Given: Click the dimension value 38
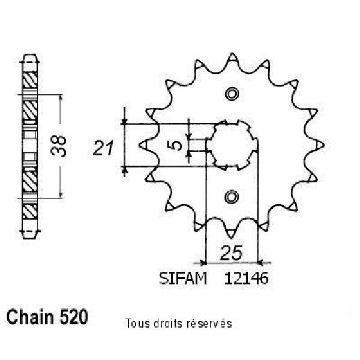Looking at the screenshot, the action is coord(59,146).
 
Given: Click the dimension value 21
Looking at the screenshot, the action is coord(103,148).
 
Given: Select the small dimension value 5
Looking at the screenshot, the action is coord(176,145).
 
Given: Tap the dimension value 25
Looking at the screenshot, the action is coord(231,253).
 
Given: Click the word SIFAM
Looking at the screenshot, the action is coord(183,278).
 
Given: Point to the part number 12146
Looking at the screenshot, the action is coord(246,278).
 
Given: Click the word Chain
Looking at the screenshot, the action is coord(30,317).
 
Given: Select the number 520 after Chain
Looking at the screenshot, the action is coord(74,317).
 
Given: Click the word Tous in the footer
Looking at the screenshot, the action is coord(137,323).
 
